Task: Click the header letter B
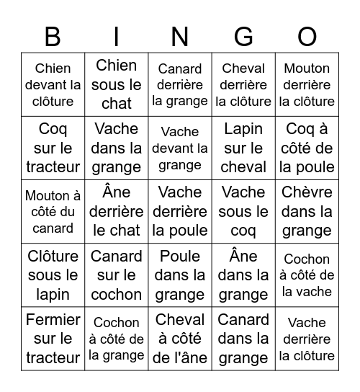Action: point(53,36)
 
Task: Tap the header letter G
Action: point(243,36)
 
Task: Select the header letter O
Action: point(307,36)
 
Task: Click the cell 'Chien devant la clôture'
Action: point(53,85)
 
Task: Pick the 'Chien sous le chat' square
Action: point(117,85)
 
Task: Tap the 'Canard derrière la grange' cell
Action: point(180,85)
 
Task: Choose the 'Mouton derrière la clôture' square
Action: point(307,85)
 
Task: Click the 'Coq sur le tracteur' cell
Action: point(53,148)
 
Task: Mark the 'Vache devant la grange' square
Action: point(180,148)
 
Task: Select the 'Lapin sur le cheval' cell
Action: point(243,148)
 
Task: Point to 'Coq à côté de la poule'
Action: point(307,148)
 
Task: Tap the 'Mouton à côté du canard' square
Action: point(53,212)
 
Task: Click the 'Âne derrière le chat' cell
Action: point(117,212)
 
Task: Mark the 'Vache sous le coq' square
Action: point(243,212)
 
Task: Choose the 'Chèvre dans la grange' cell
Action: point(307,212)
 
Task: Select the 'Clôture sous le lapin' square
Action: point(53,275)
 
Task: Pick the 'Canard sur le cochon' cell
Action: point(117,275)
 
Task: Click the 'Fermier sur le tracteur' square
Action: point(53,339)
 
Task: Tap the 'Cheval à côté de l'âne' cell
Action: point(180,339)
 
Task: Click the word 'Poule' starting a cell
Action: point(180,257)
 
